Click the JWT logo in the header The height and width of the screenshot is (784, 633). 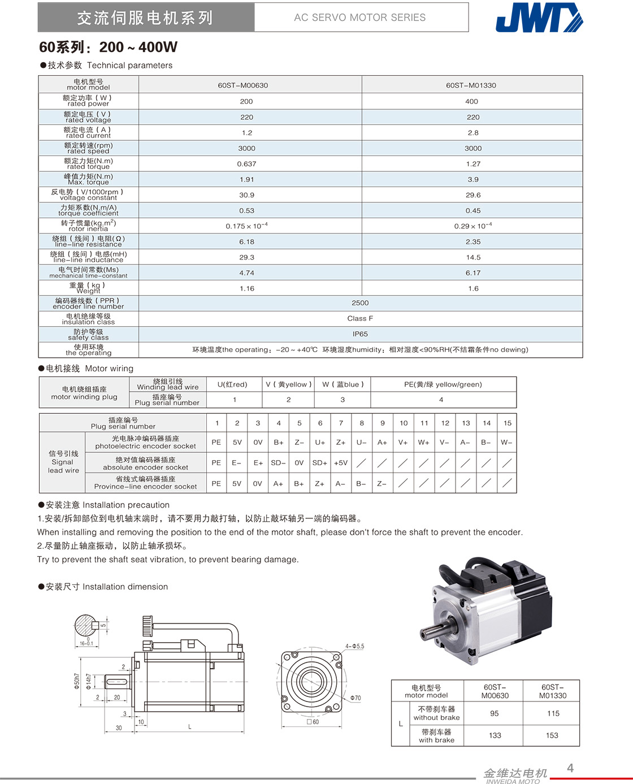coord(538,18)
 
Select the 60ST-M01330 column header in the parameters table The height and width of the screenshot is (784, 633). coord(471,85)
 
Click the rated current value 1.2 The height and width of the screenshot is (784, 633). coord(247,133)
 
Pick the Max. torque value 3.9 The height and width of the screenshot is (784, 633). coord(473,179)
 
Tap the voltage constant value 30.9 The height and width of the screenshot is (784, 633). coord(247,195)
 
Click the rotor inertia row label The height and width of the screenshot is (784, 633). coord(88,226)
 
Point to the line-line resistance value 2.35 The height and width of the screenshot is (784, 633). coord(473,241)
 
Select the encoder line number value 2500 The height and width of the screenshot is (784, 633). coord(360,303)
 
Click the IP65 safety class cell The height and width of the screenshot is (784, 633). coord(360,334)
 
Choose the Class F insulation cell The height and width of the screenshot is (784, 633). coord(360,318)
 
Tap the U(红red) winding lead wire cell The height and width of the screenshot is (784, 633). coord(232,384)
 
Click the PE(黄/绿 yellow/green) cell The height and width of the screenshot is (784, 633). coord(443,384)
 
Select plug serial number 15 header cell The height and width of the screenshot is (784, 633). coord(507,423)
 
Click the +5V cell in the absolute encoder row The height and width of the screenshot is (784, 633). coord(341,462)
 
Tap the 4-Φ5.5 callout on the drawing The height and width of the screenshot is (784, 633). coord(355,646)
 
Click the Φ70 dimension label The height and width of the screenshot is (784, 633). coord(355,698)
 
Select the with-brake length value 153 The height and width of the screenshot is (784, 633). coord(552,735)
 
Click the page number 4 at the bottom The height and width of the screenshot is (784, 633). coord(570,768)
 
